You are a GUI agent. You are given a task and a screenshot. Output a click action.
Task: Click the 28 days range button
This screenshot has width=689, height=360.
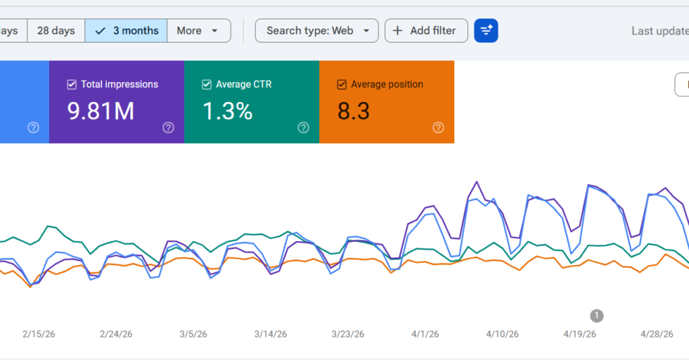(56, 31)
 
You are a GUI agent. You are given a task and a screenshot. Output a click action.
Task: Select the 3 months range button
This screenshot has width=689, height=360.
(126, 31)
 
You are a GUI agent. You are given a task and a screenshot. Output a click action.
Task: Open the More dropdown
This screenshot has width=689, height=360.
(198, 31)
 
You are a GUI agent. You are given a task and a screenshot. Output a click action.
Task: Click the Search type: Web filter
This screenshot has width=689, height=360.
(317, 31)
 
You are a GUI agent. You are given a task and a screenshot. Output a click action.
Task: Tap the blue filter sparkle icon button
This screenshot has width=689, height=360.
(486, 31)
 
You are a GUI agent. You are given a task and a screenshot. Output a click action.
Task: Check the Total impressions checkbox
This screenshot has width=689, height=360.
(72, 84)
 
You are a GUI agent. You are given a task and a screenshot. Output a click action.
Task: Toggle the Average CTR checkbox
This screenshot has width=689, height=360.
(207, 84)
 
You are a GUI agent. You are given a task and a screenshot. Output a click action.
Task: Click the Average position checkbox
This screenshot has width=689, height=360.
(342, 84)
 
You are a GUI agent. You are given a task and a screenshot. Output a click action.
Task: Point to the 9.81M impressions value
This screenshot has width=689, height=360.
(101, 111)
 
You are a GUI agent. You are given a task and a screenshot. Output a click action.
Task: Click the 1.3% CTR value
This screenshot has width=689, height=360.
(228, 111)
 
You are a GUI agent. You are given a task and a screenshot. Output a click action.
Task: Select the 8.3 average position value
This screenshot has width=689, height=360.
(353, 111)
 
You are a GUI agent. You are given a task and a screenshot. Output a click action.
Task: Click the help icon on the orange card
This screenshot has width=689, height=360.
(438, 127)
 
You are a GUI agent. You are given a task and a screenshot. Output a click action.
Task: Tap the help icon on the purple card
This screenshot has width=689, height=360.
(168, 127)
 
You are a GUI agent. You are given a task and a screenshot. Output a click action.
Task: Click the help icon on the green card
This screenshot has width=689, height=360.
(303, 127)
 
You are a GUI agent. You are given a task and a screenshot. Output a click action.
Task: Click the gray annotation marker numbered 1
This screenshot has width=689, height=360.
(597, 316)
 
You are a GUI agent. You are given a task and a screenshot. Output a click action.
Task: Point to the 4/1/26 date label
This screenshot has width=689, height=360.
(425, 334)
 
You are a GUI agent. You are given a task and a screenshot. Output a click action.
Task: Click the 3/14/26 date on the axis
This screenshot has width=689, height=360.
(271, 334)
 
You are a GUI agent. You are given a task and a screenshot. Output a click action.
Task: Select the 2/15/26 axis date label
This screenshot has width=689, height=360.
(39, 334)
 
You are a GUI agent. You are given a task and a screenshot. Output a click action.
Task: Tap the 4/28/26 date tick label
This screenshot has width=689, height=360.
(657, 334)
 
